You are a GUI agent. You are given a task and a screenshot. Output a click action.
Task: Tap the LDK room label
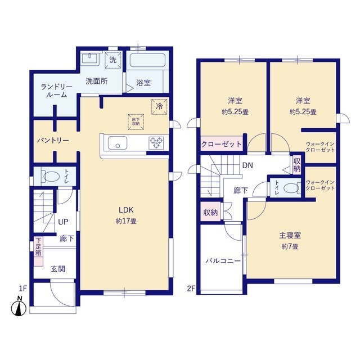click(x=126, y=210)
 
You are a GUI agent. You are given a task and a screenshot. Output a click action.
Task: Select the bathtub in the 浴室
click(x=147, y=60)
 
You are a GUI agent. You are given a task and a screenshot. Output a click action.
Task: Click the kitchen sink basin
click(x=118, y=143)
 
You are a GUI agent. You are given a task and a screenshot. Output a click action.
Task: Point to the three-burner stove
click(x=156, y=142)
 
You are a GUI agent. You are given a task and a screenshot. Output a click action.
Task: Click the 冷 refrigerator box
click(x=159, y=106)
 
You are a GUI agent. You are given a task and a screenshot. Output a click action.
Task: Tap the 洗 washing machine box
click(x=112, y=60)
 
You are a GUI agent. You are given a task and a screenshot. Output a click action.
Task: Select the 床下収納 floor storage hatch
click(x=136, y=121)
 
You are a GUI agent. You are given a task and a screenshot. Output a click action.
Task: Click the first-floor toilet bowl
click(x=51, y=177)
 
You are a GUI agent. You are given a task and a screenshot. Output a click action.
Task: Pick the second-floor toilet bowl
click(x=291, y=188)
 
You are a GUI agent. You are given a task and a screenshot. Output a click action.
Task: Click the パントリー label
click(x=53, y=140)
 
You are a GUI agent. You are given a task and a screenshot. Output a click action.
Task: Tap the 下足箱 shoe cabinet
click(x=38, y=251)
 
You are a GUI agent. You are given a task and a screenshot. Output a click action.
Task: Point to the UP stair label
click(x=63, y=222)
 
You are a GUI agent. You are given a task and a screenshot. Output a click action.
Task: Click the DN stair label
click(x=247, y=165)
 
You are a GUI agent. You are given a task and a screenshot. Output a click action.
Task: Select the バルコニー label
click(x=223, y=261)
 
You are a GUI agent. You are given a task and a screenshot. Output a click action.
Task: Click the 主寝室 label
click(x=290, y=235)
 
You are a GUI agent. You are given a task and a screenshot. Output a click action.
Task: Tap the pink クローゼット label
click(x=221, y=144)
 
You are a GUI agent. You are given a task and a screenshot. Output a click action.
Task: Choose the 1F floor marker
click(x=23, y=288)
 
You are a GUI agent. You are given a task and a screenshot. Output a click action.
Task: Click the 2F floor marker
click(x=191, y=289)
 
